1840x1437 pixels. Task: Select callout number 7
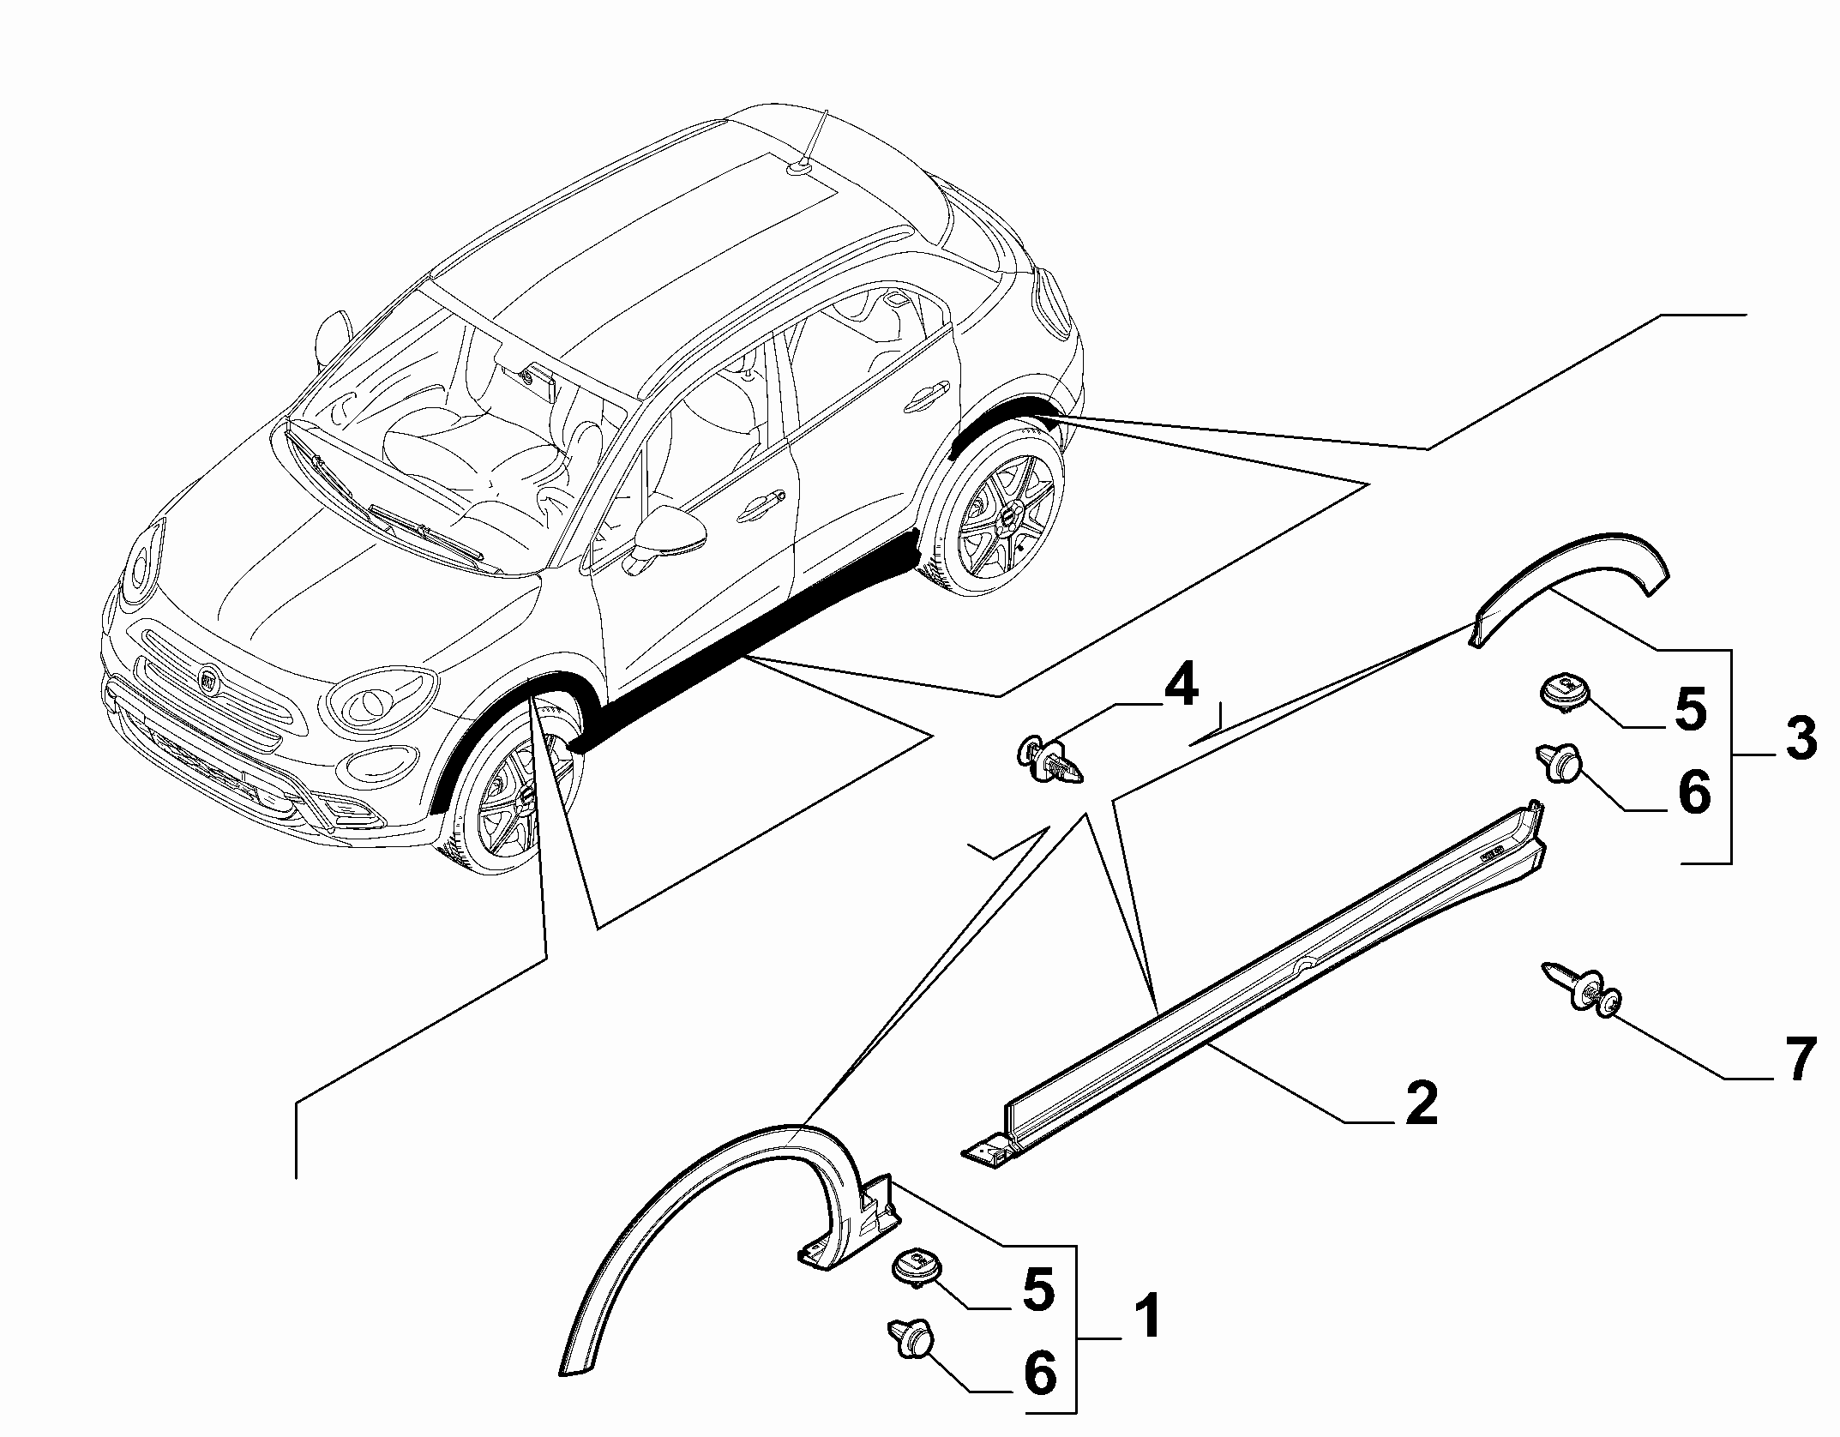coord(1794,1061)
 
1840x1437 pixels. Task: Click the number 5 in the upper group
coord(1690,709)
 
